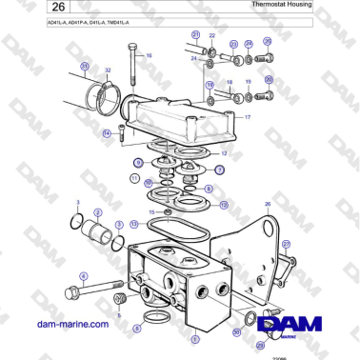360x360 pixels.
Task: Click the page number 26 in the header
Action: [28, 9]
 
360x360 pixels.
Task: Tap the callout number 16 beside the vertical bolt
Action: [148, 55]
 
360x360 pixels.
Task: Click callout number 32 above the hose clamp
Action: [107, 71]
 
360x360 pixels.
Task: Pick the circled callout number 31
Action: [84, 66]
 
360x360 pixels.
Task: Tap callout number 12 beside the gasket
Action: [223, 152]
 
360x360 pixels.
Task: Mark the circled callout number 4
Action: [84, 277]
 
